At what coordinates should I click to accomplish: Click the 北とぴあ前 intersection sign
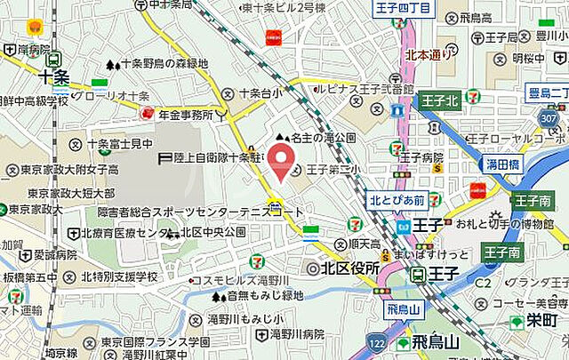click(x=397, y=199)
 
